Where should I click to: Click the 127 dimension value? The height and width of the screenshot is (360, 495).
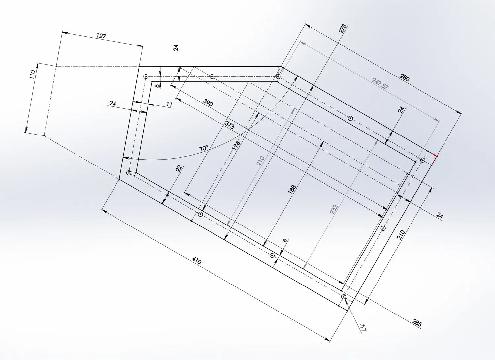point(101,36)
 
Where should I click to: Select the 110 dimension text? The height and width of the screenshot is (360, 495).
point(32,75)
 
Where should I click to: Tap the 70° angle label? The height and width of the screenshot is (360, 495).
point(204,148)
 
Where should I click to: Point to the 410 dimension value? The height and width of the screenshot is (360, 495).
point(196,261)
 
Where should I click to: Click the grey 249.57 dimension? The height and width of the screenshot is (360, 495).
point(379,83)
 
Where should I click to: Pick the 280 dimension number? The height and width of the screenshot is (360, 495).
point(404,78)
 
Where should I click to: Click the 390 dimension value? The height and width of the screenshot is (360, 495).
point(208,103)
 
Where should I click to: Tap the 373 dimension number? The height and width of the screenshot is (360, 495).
point(229,125)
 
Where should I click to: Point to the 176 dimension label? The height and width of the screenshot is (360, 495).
point(236,146)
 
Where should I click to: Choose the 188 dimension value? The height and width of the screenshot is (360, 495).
point(292,189)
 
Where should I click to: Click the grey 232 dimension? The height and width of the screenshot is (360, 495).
point(334,209)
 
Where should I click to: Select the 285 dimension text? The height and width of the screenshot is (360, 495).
point(417,323)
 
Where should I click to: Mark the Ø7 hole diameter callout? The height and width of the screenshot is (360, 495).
point(363,327)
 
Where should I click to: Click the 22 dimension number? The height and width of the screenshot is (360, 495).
point(179,169)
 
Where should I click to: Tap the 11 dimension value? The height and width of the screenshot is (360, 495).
point(169,104)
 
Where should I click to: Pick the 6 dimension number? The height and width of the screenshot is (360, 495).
point(285,240)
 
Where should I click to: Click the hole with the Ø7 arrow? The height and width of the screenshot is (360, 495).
point(344,297)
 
